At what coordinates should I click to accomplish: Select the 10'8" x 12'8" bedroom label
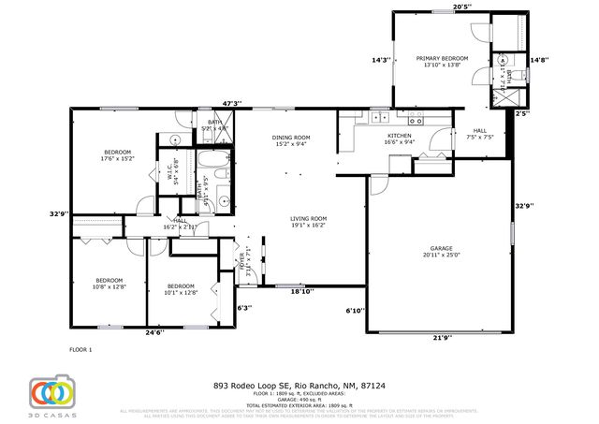click(109, 284)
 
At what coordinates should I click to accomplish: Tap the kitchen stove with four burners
click(414, 119)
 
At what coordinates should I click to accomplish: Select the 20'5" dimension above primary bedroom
click(461, 7)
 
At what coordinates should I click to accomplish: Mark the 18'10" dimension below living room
click(301, 291)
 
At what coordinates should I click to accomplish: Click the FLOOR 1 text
click(81, 349)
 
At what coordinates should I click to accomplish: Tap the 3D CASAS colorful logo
click(50, 393)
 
